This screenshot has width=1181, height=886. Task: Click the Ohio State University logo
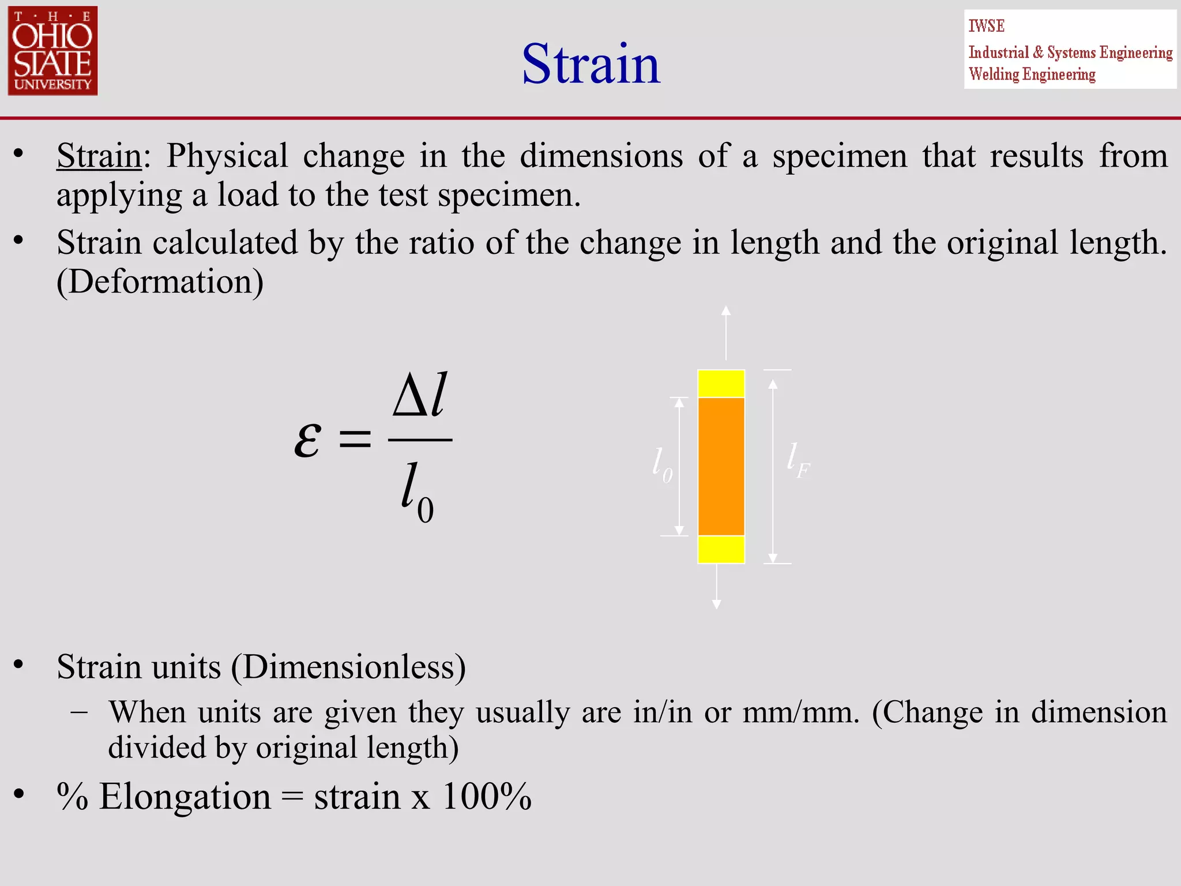[52, 51]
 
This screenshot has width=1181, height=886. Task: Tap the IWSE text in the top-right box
[986, 26]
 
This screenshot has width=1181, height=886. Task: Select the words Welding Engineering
[1032, 74]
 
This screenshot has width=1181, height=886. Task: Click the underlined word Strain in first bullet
[99, 156]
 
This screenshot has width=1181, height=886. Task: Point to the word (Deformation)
[160, 281]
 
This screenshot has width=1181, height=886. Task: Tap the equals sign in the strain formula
[354, 440]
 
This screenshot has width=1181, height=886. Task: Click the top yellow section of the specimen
[721, 384]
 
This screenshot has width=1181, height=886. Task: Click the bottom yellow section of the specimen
[721, 549]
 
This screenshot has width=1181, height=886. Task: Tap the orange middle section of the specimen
[721, 466]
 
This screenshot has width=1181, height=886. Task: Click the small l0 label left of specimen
[662, 465]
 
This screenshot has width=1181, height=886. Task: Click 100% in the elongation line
[486, 797]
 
